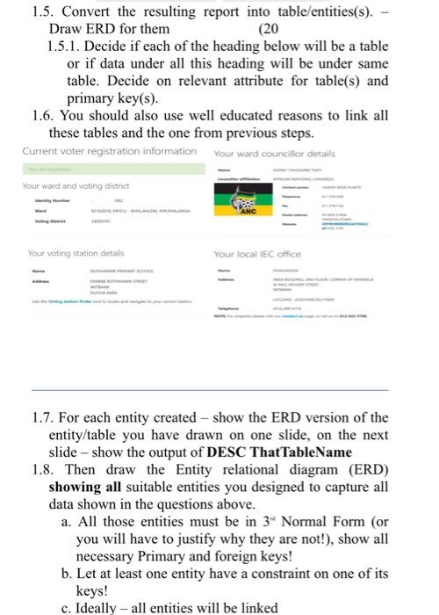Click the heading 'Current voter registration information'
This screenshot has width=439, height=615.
[x=109, y=150]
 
